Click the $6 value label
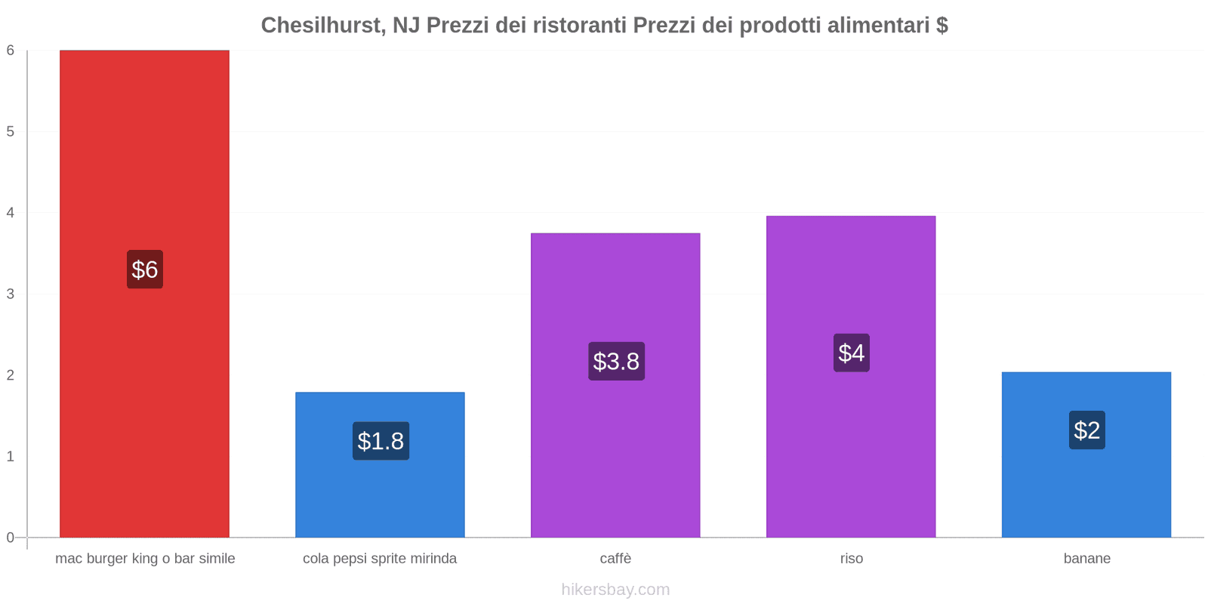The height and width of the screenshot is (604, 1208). [x=144, y=270]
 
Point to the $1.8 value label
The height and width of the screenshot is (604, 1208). [x=381, y=441]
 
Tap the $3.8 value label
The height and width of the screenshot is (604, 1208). [x=616, y=361]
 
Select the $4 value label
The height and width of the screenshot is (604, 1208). [x=851, y=353]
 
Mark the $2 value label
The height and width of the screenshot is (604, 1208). [x=1086, y=430]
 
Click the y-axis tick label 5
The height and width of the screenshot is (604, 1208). [x=11, y=131]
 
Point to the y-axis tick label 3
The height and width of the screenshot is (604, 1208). [x=11, y=294]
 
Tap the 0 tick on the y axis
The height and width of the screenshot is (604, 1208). [x=11, y=538]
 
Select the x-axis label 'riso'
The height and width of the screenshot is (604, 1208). [x=851, y=559]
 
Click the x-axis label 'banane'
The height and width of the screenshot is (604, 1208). [x=1086, y=559]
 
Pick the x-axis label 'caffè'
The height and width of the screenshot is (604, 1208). [x=615, y=559]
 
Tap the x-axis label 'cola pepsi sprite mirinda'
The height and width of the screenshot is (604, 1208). [x=380, y=559]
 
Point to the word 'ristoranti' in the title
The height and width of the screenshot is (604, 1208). [x=579, y=26]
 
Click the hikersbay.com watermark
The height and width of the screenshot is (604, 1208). [x=615, y=590]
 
